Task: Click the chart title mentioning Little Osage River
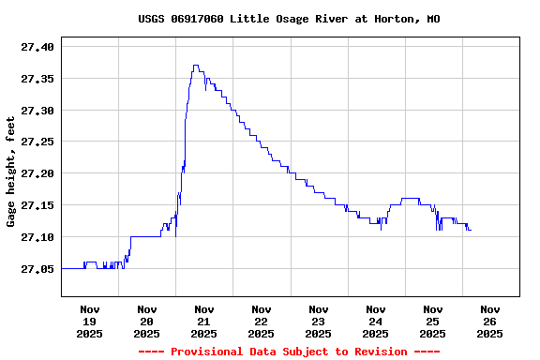click(x=289, y=19)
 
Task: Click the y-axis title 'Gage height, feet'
click(x=11, y=172)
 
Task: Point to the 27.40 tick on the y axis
click(x=37, y=47)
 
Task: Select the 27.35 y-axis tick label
click(x=37, y=79)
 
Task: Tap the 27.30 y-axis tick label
click(x=37, y=111)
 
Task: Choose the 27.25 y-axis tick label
click(x=37, y=142)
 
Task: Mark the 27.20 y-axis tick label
click(x=37, y=173)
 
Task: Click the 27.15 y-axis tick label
click(x=37, y=205)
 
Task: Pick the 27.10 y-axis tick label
click(x=37, y=237)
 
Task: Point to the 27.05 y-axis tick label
click(x=37, y=269)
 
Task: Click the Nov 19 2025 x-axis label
click(x=90, y=321)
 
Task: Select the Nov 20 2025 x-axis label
click(x=147, y=321)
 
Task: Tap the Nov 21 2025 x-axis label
click(x=204, y=321)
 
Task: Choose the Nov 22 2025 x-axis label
click(x=262, y=321)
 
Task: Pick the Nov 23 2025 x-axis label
click(x=319, y=321)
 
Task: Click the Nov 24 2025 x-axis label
click(x=376, y=321)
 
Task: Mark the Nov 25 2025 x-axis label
click(x=433, y=321)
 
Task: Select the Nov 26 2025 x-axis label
click(x=490, y=321)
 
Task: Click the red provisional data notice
click(x=289, y=352)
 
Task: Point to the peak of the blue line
click(x=195, y=66)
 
